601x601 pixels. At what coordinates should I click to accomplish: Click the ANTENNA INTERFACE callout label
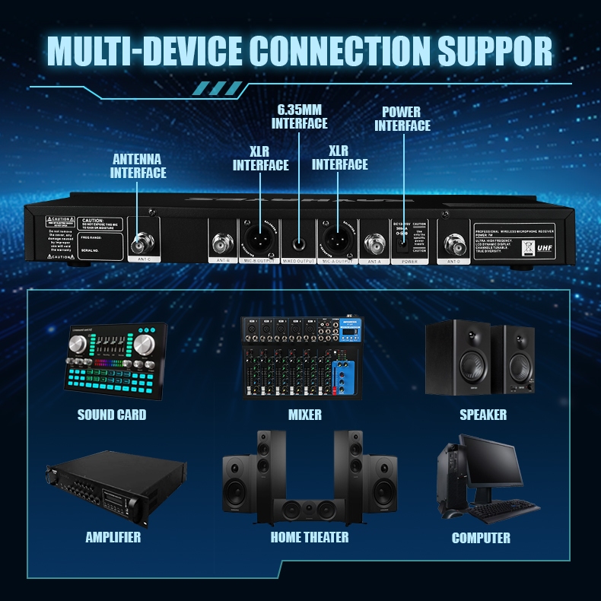coord(138,166)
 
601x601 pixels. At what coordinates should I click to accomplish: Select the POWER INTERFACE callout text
coord(402,119)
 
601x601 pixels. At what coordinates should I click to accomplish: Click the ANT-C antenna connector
coord(141,244)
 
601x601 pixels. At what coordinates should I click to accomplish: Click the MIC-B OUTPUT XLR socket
coord(259,240)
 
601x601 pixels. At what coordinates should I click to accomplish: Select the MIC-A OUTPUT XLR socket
coord(338,240)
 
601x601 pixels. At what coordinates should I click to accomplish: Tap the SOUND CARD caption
coord(112,415)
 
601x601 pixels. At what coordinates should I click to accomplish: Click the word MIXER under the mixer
coord(304,415)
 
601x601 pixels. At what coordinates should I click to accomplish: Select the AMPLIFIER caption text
coord(113,537)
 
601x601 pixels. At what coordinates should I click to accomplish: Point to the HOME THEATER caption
coord(310,537)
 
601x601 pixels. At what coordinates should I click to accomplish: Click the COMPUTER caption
coord(481,538)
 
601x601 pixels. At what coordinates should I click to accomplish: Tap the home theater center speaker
coord(305,510)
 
